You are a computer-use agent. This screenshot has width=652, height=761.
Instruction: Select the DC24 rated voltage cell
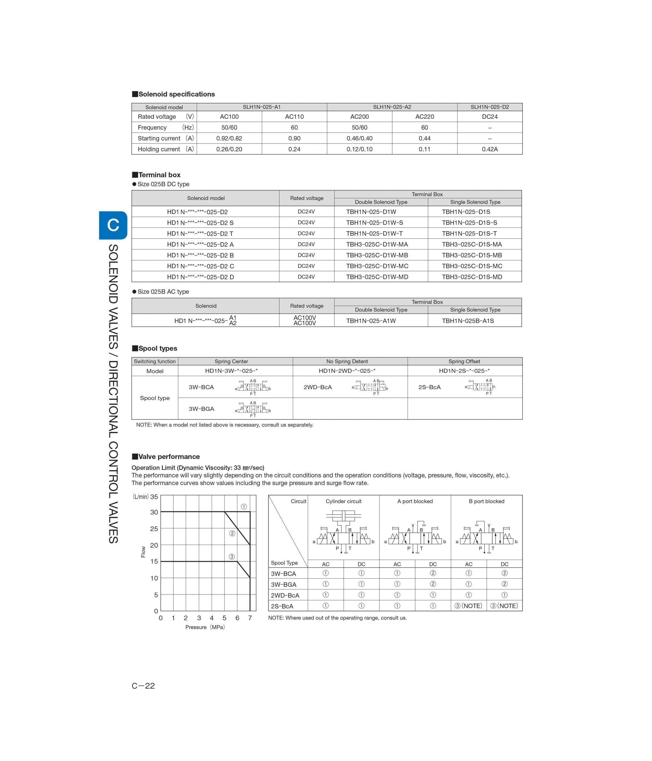point(489,117)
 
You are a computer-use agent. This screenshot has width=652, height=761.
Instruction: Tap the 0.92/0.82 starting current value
point(229,138)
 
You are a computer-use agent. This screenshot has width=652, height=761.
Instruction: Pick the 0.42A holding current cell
point(489,149)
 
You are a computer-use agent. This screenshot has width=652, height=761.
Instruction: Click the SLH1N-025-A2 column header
point(392,107)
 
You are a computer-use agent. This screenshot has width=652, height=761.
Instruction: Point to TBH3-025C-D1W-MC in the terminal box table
point(377,266)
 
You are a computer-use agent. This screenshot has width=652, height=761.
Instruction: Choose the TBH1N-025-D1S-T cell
point(469,233)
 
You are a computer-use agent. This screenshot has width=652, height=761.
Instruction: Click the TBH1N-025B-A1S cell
point(468,321)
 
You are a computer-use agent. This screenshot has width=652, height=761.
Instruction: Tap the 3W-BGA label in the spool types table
point(201,409)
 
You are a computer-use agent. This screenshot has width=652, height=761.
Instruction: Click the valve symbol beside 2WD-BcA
point(370,387)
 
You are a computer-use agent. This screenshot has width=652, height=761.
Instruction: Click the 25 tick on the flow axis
point(154,529)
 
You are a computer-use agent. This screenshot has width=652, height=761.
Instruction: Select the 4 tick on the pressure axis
point(212,618)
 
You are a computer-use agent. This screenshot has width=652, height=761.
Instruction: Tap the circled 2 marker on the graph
point(232,533)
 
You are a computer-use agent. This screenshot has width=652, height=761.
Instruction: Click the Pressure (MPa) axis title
point(205,627)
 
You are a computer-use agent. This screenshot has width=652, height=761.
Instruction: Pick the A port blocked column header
point(415,501)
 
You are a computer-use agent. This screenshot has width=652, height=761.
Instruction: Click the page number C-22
point(143,686)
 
